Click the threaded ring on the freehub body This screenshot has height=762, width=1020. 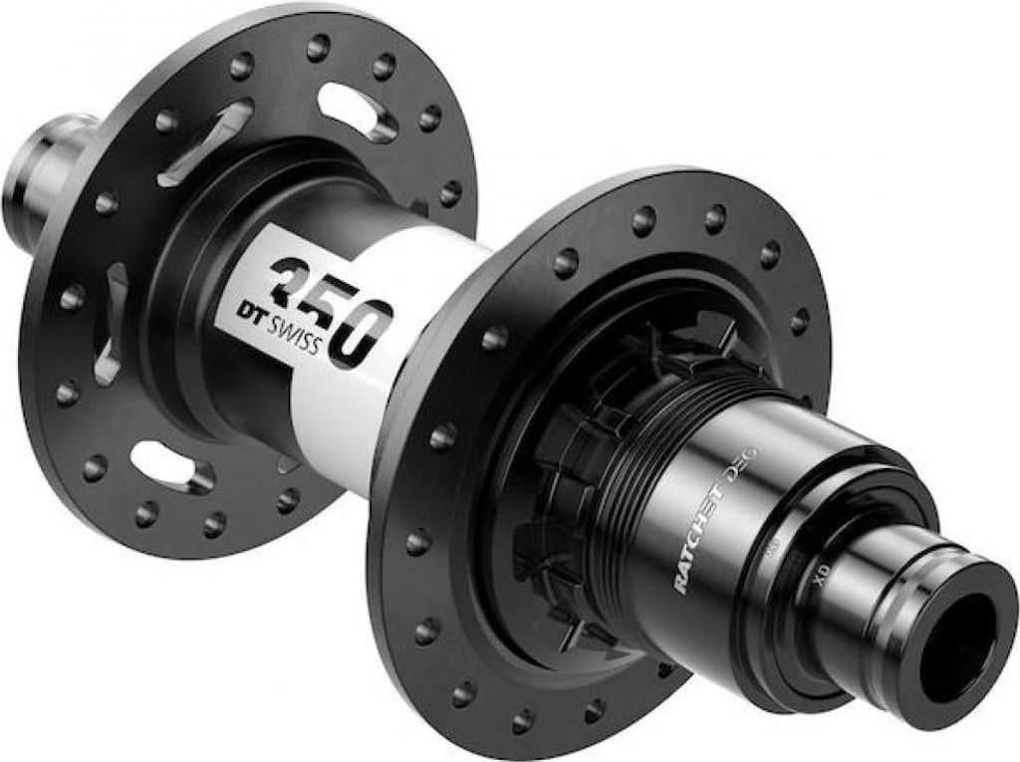coord(628,438)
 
